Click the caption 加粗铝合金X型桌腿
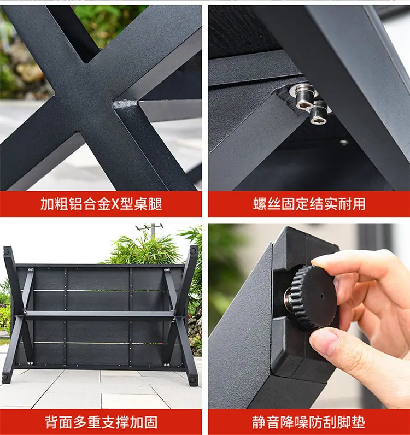click(x=101, y=204)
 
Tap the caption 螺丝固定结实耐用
click(x=309, y=204)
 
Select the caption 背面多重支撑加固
click(x=101, y=422)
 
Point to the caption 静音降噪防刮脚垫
click(x=309, y=422)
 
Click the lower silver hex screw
click(x=318, y=114)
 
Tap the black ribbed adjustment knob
click(x=313, y=297)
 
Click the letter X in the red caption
click(x=115, y=204)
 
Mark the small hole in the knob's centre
click(x=322, y=297)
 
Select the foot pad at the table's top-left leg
click(x=7, y=252)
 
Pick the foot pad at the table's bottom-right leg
click(x=192, y=379)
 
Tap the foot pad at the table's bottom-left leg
click(x=5, y=377)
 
